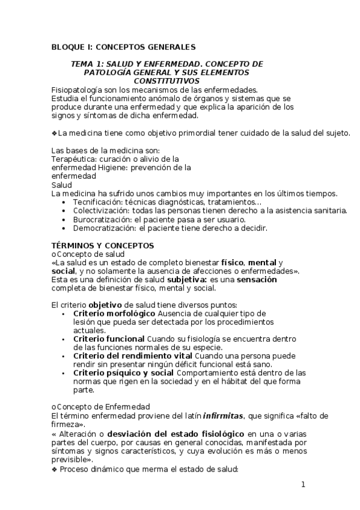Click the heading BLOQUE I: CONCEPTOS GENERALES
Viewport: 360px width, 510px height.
[123, 47]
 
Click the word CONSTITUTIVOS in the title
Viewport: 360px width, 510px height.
[166, 81]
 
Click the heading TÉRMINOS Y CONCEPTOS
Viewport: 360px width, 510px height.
[103, 245]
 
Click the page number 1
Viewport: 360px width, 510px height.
[304, 484]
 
